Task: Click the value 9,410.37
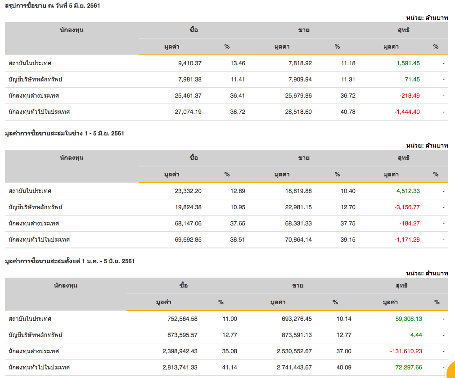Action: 189,63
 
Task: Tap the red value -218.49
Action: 409,96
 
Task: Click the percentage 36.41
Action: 238,96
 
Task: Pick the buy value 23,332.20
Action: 188,191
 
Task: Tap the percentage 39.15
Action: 348,240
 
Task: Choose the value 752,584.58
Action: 180,319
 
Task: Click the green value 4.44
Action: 416,335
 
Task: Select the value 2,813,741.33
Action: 180,368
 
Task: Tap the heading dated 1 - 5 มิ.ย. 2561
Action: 64,134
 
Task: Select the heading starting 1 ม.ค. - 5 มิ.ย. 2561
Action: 69,261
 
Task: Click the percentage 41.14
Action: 230,368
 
